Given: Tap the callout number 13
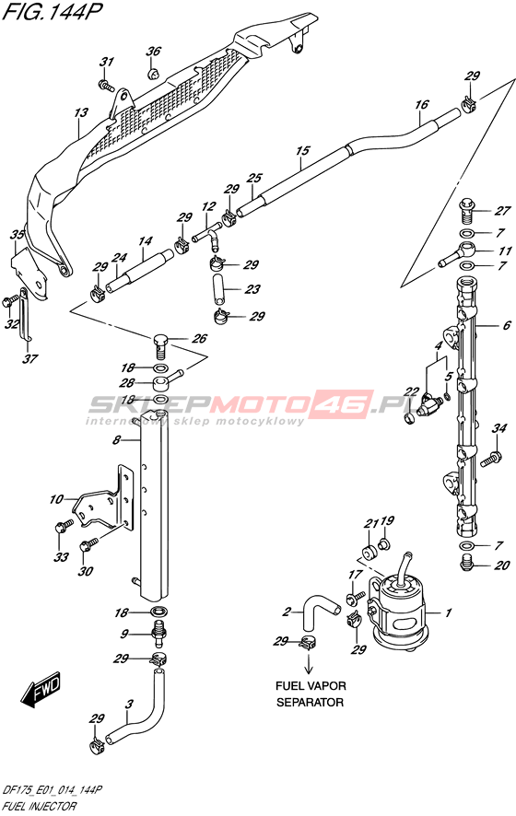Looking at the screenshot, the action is (x=81, y=112).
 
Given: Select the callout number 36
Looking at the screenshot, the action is (x=153, y=51).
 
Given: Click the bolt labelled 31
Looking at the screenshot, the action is (x=106, y=84).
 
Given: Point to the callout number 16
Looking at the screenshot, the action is (x=421, y=105).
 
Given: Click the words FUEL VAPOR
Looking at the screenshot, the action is (x=311, y=686).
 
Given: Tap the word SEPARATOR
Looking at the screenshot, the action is (x=310, y=703).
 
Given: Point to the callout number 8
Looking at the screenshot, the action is (x=117, y=440).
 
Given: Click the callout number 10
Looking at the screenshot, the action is (x=56, y=499).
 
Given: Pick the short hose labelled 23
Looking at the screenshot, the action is (x=218, y=289).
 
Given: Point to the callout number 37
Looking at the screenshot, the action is (x=30, y=358).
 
